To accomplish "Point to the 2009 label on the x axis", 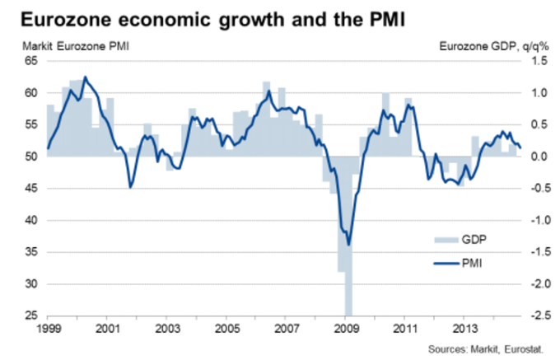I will point(346,329).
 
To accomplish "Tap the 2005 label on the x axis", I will point(226,329).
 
